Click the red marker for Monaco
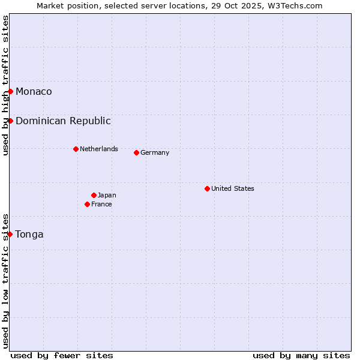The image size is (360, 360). [11, 91]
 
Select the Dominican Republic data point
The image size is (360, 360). [11, 121]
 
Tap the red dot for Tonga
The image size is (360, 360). [11, 234]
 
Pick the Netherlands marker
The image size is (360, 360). [76, 149]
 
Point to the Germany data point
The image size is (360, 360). [136, 152]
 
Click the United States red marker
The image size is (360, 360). [207, 188]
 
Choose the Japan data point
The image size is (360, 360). [94, 195]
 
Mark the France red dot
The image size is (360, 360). [88, 204]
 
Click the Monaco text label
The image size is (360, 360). [34, 91]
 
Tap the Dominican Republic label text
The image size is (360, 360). [63, 121]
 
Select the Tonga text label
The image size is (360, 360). [29, 234]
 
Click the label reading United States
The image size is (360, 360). [233, 188]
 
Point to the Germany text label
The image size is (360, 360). [155, 152]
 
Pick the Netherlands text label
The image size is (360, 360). [99, 149]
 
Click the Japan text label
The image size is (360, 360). [107, 195]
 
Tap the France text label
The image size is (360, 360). [101, 204]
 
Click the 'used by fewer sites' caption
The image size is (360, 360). [62, 355]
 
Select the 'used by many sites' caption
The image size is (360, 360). [301, 355]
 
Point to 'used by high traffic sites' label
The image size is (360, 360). [6, 85]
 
